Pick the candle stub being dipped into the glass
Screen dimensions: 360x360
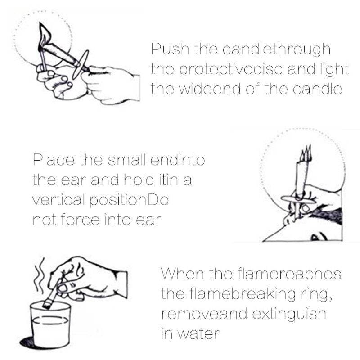pos(51,297)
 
